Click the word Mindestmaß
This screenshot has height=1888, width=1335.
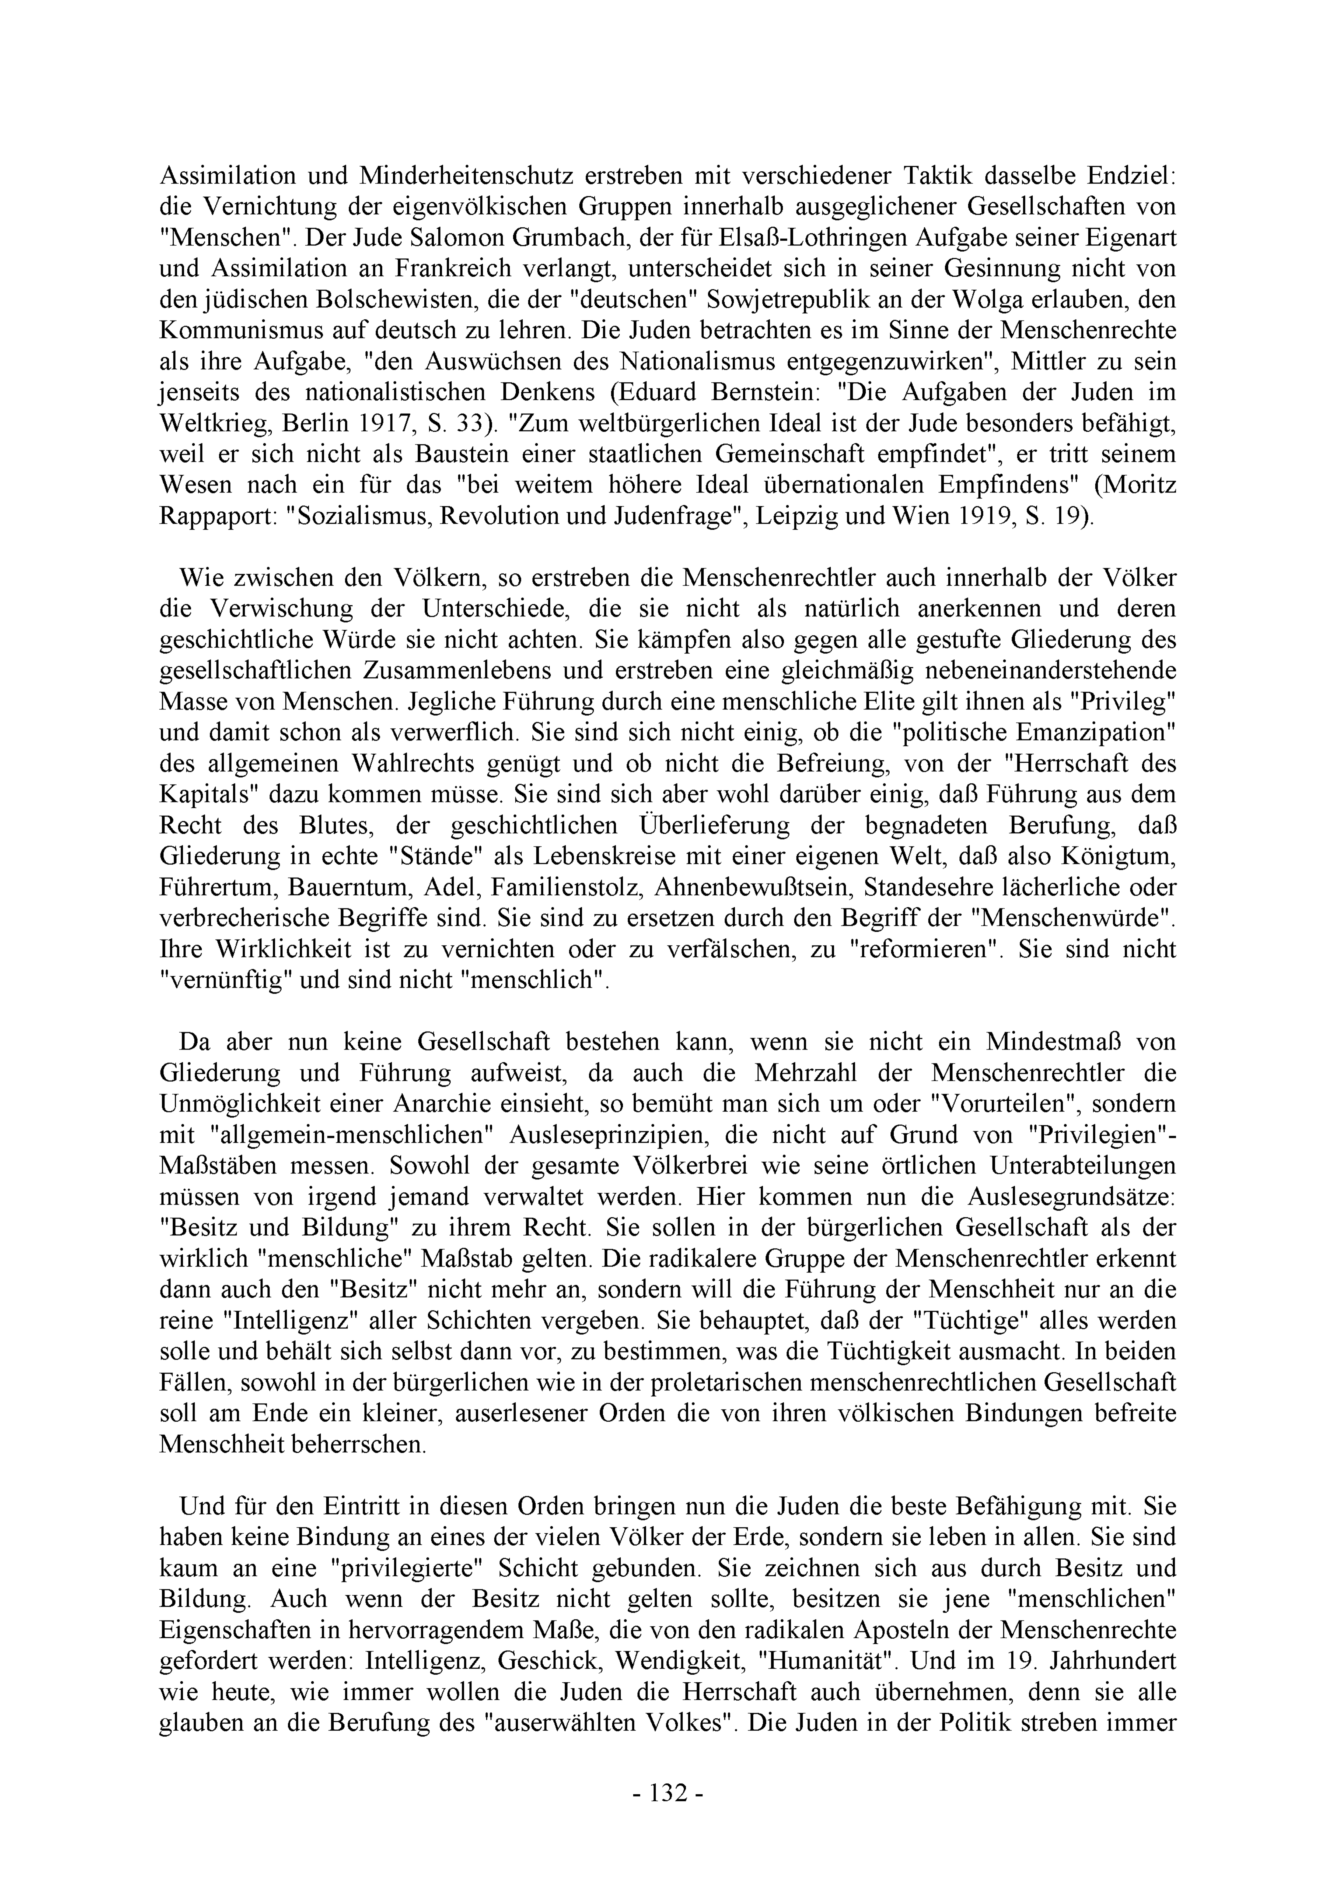[1051, 1042]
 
